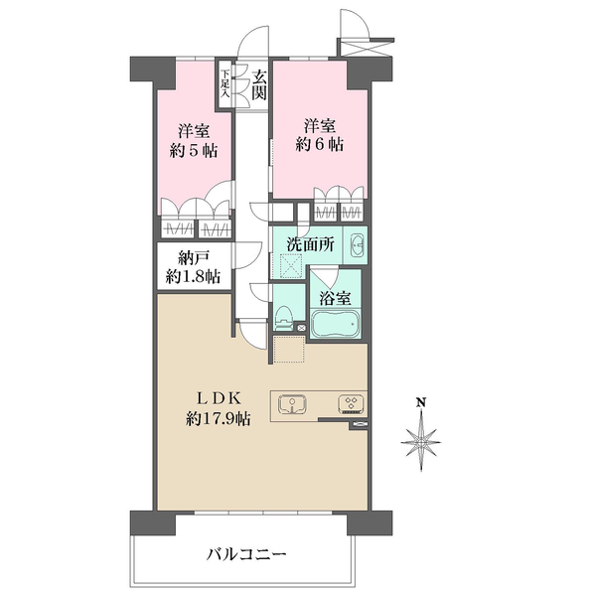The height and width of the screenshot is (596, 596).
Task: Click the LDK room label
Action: [219, 398]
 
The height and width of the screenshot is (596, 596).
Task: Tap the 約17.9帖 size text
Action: [218, 419]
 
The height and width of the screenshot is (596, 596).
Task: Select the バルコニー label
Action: [246, 555]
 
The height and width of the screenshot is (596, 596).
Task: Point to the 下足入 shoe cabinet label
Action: [226, 83]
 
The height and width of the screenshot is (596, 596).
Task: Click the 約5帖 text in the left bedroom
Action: [194, 151]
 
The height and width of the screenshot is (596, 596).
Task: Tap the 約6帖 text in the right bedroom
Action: [319, 144]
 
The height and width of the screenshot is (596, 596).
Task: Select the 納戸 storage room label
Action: [194, 259]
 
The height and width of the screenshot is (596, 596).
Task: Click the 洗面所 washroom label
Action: [311, 244]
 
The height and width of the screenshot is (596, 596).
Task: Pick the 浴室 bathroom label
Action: [335, 298]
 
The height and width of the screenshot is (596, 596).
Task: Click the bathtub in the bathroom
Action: [336, 324]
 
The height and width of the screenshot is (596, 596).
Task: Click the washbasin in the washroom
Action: [358, 245]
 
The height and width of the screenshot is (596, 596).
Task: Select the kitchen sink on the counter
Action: [293, 404]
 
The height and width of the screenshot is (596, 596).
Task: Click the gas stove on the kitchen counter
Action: [352, 404]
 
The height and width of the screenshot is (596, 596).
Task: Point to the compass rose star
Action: [421, 442]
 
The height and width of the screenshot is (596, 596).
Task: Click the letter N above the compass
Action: [421, 402]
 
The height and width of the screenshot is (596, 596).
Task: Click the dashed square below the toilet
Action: [289, 349]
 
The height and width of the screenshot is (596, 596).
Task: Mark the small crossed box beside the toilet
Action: [301, 328]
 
